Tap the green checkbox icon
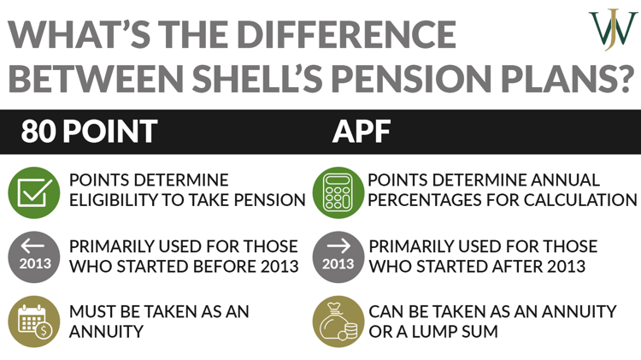point(32,191)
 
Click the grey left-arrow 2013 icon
point(32,256)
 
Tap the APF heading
point(360,132)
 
